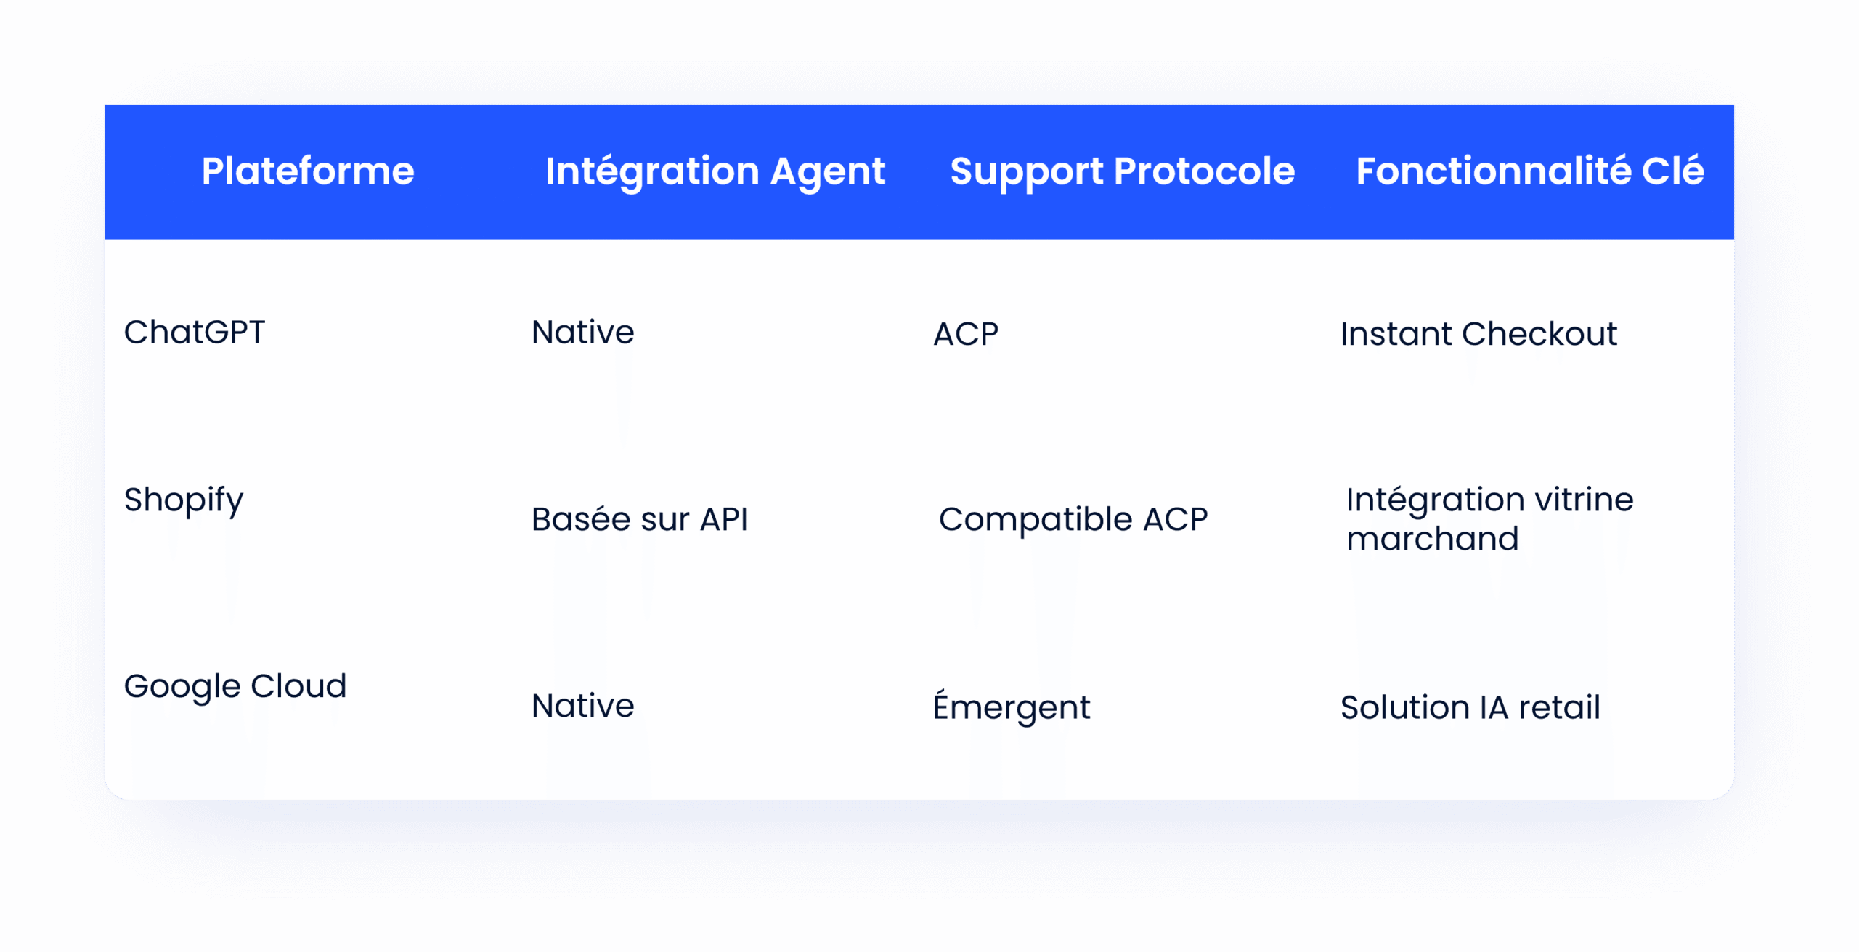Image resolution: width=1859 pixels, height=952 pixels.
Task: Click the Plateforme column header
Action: [308, 171]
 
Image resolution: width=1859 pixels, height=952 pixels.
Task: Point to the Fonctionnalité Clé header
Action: [1530, 171]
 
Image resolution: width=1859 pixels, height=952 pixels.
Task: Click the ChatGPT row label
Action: [195, 333]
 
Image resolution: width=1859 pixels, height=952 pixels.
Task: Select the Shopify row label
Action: [184, 501]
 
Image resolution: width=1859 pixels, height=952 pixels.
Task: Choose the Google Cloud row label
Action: [235, 687]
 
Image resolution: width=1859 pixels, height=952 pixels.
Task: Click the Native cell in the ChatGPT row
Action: [583, 333]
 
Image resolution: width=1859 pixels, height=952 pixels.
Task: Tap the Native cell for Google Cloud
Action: [583, 706]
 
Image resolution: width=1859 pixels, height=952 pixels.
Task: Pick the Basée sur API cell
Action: [640, 519]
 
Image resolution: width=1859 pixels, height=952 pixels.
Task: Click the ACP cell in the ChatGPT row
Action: [966, 334]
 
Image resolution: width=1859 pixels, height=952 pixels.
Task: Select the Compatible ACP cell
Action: [1073, 520]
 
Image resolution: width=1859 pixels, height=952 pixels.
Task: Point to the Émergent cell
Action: [1012, 706]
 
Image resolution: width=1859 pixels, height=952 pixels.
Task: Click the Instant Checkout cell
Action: [1478, 334]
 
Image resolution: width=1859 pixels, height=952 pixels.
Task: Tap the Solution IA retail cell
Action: [1470, 707]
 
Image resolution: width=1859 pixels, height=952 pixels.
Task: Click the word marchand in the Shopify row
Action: [1433, 539]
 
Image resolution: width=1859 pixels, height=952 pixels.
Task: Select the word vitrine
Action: [1584, 500]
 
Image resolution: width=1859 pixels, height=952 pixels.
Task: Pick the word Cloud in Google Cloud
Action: [298, 685]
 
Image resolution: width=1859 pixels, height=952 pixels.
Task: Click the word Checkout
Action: [1539, 334]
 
